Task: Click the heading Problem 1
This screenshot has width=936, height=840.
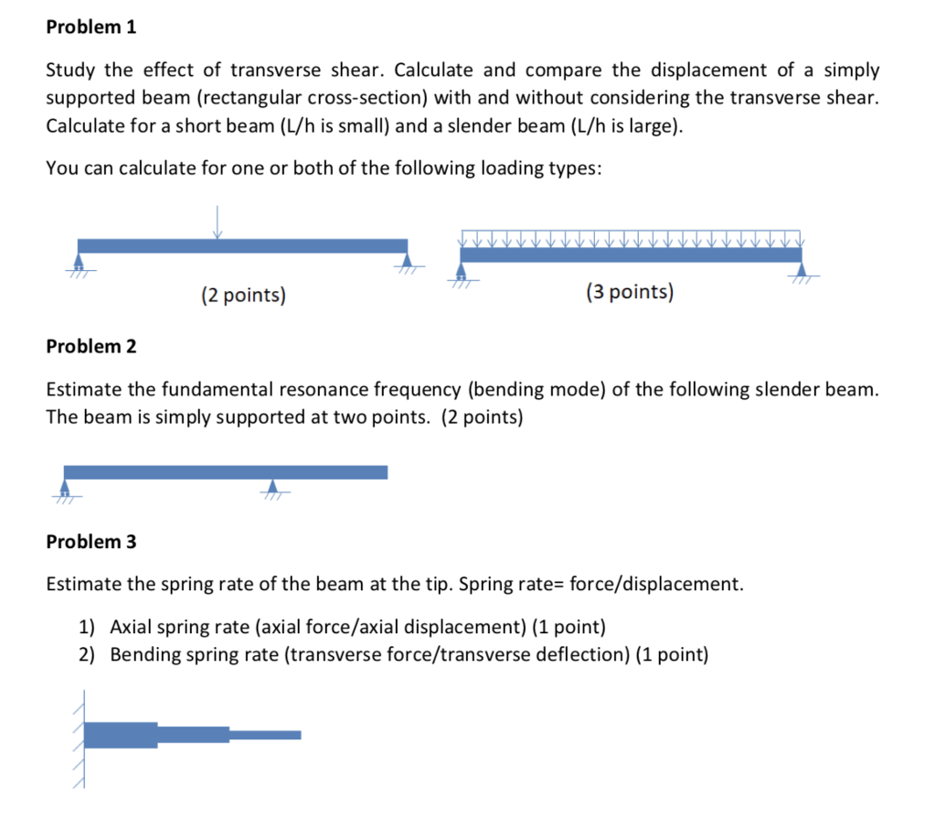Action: [90, 27]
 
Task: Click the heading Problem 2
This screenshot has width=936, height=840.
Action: [90, 347]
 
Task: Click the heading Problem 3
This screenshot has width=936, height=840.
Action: [90, 542]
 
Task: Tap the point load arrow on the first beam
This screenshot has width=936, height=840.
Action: [217, 222]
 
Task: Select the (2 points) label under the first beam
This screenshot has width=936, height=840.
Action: [243, 295]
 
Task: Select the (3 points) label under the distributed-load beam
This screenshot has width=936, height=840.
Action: [630, 293]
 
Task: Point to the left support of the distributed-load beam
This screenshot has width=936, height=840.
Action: [462, 272]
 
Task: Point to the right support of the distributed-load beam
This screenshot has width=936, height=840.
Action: [802, 271]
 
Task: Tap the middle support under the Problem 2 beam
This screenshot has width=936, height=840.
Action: [272, 487]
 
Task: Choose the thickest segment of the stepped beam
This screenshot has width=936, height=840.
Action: [121, 735]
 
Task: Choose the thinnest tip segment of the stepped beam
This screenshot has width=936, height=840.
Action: [265, 735]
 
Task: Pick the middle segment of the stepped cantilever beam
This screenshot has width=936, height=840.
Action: [193, 735]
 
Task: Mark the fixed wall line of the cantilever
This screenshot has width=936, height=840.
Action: [83, 737]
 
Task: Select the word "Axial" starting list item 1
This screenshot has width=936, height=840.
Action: [131, 628]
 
